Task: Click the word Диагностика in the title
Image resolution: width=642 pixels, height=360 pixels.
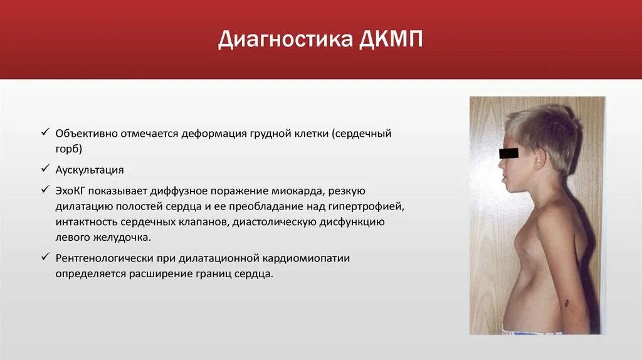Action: (x=285, y=40)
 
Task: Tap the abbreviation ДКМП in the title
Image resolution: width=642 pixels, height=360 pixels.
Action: (x=391, y=40)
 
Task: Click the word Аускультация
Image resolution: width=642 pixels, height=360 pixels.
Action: (x=90, y=170)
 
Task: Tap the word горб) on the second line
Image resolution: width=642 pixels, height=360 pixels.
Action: (x=69, y=149)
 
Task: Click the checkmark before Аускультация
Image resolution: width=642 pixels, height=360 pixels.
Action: (x=45, y=169)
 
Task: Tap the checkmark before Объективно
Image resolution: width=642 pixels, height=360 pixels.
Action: (x=45, y=133)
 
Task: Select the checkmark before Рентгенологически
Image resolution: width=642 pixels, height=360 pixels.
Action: (x=45, y=257)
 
